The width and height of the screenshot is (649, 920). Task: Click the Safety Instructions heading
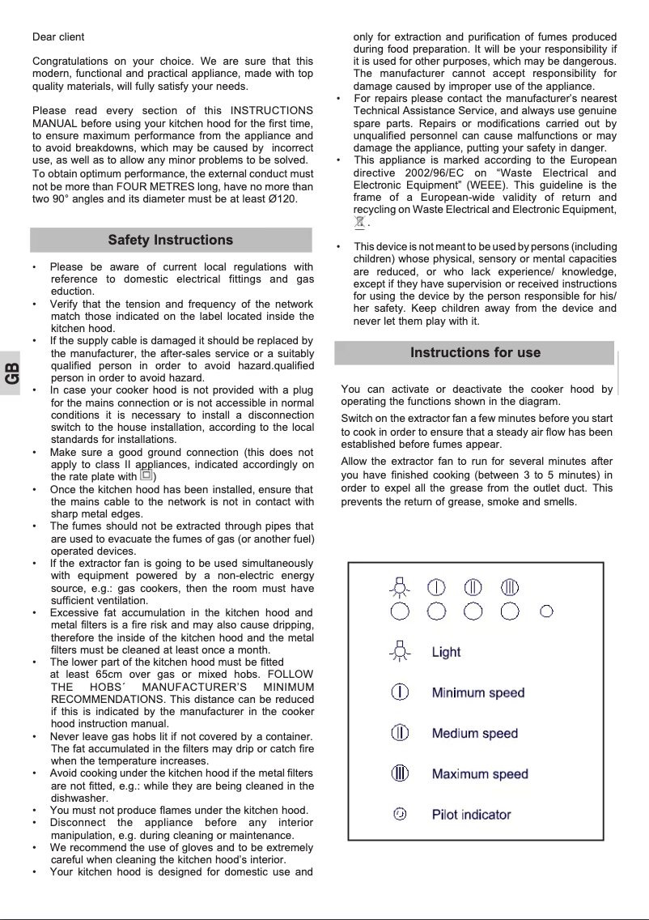point(171,241)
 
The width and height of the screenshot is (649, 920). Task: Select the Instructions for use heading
point(475,353)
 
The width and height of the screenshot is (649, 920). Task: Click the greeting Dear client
point(58,37)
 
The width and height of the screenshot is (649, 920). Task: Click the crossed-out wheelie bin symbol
point(360,222)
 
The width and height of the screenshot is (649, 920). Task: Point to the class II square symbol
point(146,476)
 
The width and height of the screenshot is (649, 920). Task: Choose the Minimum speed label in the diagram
point(477,693)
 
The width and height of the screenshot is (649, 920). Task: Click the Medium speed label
point(474,734)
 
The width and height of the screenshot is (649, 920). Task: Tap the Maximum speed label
point(479,774)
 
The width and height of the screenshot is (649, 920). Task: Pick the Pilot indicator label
point(471,815)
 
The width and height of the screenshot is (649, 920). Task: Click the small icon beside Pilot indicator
point(399,814)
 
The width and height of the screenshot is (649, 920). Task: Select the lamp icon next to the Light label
point(399,651)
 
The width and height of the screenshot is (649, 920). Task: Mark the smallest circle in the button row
point(546,611)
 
